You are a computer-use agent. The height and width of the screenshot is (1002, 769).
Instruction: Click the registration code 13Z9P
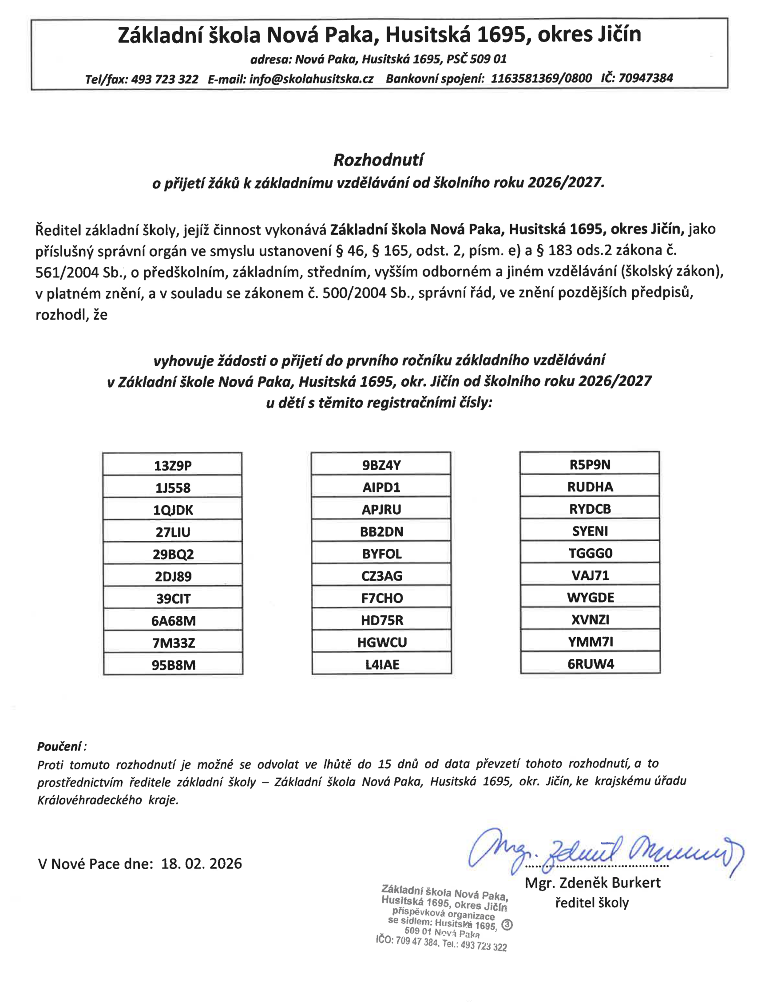pos(173,466)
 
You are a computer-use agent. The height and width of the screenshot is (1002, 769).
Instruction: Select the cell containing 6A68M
pos(173,621)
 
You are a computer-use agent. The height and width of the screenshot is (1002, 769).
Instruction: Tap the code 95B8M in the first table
pos(174,665)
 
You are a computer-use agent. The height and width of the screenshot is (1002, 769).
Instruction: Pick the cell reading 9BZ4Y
pos(381,465)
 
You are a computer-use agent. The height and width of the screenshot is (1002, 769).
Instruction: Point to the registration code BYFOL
pos(382,554)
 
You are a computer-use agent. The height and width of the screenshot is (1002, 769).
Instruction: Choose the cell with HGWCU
pos(382,642)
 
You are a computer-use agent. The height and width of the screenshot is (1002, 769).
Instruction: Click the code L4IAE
pos(382,664)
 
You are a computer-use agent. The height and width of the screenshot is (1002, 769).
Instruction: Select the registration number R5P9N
pos(590,465)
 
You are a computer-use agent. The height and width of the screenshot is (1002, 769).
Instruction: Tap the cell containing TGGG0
pos(590,553)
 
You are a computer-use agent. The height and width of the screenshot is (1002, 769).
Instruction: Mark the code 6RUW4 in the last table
pos(591,664)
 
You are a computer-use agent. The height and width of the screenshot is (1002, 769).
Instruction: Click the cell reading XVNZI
pos(590,619)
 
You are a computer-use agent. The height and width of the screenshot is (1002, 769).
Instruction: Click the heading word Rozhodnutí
pos(378,160)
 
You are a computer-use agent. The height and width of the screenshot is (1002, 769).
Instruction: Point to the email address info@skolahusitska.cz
pos(311,79)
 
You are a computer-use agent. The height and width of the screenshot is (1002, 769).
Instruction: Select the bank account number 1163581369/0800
pos(541,78)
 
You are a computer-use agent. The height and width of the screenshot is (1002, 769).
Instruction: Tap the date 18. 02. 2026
pos(202,864)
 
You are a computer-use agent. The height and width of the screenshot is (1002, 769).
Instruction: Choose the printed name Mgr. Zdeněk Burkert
pos(592,883)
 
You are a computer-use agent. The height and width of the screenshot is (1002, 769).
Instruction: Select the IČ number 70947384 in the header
pos(646,78)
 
